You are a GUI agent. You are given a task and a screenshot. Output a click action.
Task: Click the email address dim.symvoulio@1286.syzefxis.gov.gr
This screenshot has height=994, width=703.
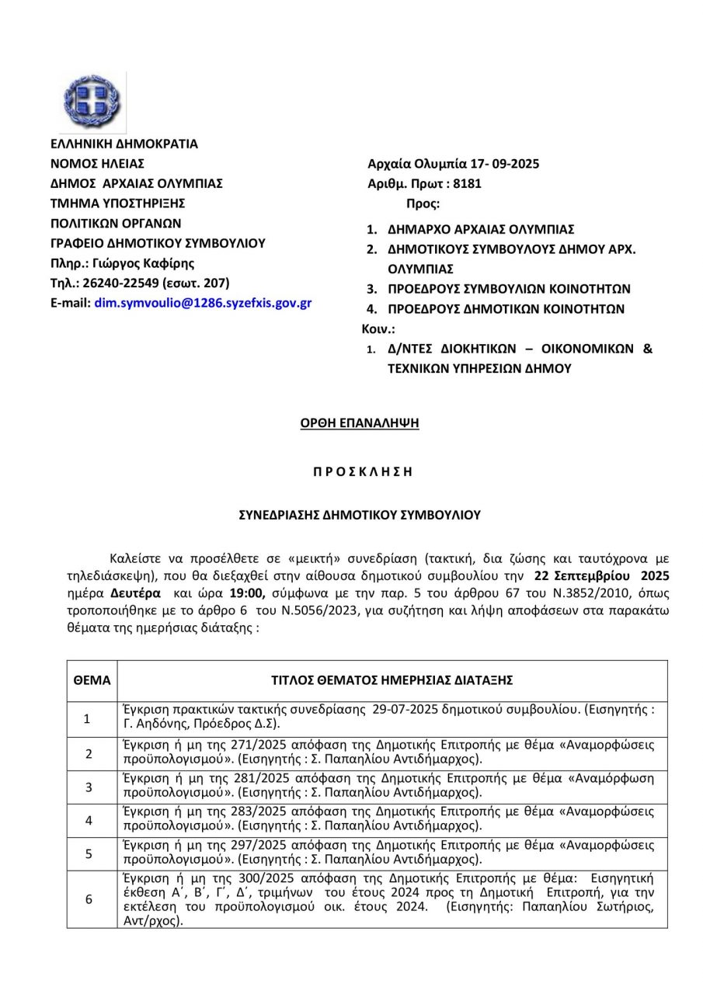click(203, 303)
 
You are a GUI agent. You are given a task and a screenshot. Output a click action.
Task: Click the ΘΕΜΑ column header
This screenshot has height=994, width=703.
click(92, 679)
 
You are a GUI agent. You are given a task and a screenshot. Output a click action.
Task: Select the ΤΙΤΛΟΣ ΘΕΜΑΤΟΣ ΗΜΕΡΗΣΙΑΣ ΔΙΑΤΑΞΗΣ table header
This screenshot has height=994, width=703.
click(392, 679)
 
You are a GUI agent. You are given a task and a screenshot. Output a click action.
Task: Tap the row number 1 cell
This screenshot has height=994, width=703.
click(89, 719)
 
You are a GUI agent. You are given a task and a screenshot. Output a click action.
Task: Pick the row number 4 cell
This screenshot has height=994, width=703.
click(89, 819)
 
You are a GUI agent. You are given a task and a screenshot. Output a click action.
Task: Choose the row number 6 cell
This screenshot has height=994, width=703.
click(89, 898)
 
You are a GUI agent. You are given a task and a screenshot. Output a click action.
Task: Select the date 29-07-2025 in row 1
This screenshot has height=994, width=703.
click(406, 708)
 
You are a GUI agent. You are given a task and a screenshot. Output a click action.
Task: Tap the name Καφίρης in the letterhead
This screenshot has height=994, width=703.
click(170, 262)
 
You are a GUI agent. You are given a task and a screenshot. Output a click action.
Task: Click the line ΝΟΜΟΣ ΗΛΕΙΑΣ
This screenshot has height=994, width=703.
click(97, 164)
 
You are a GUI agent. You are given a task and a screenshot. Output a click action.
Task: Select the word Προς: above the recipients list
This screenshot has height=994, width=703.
click(423, 205)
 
